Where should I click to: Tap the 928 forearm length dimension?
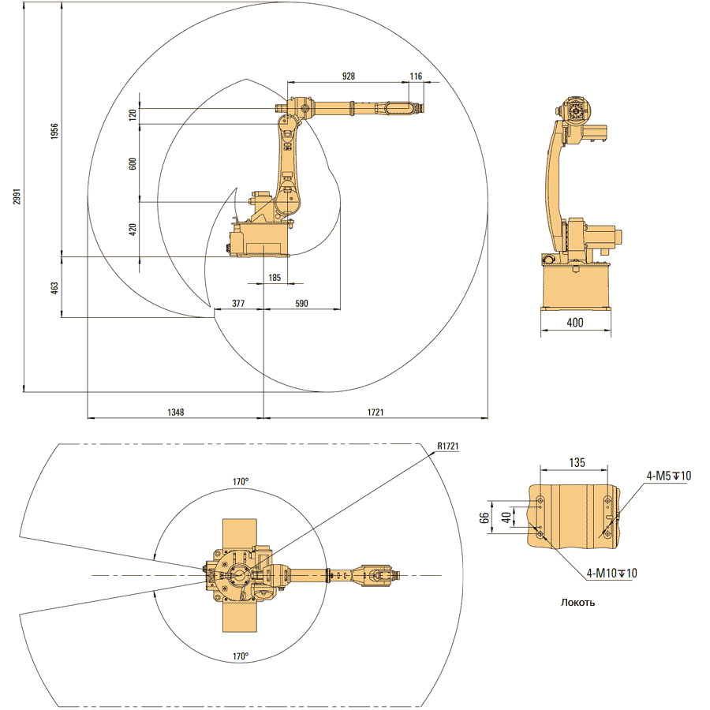click(x=348, y=77)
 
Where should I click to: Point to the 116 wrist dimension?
click(x=416, y=77)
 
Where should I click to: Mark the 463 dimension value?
click(x=54, y=287)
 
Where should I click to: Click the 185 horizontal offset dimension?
click(x=275, y=278)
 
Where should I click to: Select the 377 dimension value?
click(x=237, y=303)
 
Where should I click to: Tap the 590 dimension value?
click(x=301, y=303)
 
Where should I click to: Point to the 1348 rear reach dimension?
click(x=176, y=412)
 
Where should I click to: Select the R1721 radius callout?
click(x=448, y=447)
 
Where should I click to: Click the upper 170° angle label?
click(x=241, y=481)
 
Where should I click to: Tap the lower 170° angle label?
click(x=241, y=656)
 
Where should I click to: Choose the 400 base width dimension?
click(x=574, y=323)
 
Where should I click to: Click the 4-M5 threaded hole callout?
click(x=669, y=476)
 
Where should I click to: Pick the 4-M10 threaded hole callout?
click(x=611, y=573)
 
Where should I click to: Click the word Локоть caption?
click(x=577, y=603)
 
